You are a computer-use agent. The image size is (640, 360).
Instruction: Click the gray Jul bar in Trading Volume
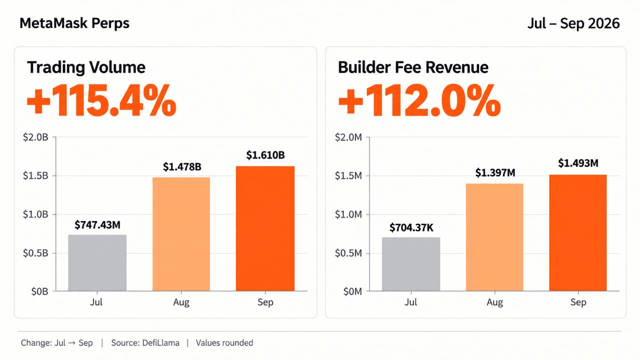[97, 263]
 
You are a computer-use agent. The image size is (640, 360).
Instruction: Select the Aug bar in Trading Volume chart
[181, 234]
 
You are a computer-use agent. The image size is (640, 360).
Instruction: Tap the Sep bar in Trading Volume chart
[265, 228]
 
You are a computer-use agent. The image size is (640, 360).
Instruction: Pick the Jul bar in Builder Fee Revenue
[411, 264]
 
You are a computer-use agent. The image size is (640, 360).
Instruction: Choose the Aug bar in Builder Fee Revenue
[494, 237]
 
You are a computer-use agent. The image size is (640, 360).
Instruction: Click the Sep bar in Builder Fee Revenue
[578, 233]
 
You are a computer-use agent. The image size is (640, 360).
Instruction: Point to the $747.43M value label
[97, 225]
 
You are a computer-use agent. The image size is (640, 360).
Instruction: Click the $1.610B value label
[265, 155]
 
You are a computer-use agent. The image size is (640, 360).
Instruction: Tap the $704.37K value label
[411, 227]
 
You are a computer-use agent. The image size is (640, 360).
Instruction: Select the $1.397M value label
[495, 173]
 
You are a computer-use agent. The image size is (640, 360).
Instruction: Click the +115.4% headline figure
[101, 100]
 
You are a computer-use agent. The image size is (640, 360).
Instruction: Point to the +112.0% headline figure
[419, 100]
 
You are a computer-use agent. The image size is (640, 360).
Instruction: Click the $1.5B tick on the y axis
[35, 175]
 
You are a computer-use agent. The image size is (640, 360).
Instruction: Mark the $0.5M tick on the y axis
[348, 253]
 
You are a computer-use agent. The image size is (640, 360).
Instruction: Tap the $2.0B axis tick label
[35, 137]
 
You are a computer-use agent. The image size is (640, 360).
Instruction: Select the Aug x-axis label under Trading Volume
[181, 302]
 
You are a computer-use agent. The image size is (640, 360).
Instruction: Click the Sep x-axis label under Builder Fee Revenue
[578, 302]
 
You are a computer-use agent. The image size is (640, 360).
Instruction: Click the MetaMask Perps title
[74, 23]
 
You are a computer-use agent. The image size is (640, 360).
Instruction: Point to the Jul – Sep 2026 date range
[573, 23]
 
